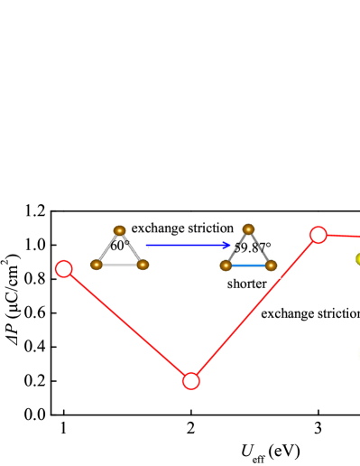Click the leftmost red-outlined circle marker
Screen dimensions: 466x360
pos(64,269)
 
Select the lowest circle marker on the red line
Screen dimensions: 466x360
pos(191,381)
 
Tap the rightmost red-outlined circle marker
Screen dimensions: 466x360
pos(318,235)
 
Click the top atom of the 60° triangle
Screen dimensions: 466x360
pos(119,231)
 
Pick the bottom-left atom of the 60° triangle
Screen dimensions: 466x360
pos(97,265)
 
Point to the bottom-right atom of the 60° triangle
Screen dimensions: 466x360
pos(143,265)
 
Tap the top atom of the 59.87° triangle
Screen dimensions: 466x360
pos(248,229)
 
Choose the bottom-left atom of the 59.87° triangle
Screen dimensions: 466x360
pos(226,266)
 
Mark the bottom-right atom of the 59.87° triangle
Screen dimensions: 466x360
pos(271,266)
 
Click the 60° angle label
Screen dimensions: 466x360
pos(120,246)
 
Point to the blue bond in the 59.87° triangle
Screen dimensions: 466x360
pos(248,266)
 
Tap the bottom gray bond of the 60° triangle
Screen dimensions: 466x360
pos(119,265)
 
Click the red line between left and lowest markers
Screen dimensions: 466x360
pos(127,325)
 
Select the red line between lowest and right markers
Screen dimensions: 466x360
pos(254,308)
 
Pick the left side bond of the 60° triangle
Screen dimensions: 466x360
pos(107,248)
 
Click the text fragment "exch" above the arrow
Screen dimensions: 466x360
pos(144,228)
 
